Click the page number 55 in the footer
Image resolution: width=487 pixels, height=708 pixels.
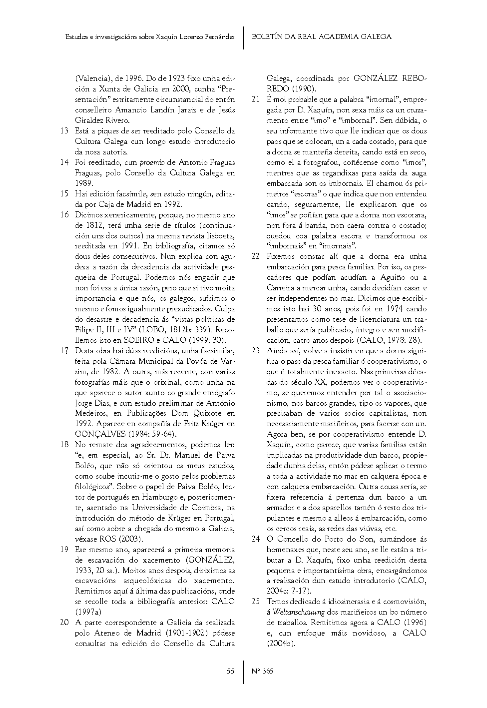click(x=230, y=671)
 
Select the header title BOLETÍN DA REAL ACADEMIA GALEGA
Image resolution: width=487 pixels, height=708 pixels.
click(x=321, y=36)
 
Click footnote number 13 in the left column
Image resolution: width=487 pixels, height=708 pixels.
click(x=64, y=131)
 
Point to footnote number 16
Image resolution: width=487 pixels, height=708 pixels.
click(x=64, y=215)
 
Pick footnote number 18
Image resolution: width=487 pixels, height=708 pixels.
click(x=64, y=445)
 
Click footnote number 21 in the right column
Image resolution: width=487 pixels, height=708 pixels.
click(x=256, y=100)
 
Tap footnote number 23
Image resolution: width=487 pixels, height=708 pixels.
click(x=256, y=351)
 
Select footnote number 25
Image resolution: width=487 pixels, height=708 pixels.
click(x=256, y=602)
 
